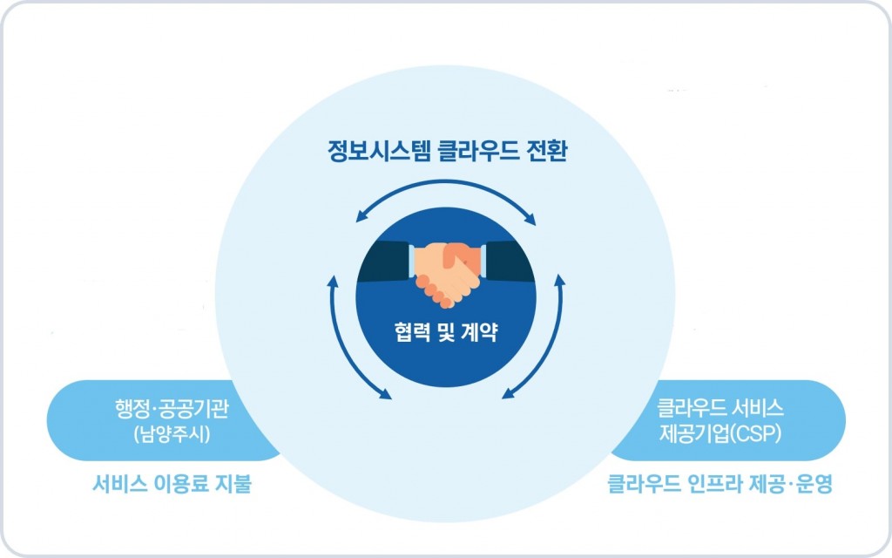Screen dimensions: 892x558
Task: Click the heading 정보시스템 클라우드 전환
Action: coord(447,151)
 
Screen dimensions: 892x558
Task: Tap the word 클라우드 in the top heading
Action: coord(478,151)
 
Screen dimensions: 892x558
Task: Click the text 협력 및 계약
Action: coord(446,331)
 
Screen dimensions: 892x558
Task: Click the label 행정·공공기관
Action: coord(172,408)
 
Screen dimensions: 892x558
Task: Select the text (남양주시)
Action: coord(172,434)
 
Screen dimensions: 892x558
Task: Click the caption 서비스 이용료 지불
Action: coord(172,484)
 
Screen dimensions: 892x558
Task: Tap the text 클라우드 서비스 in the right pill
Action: coord(720,408)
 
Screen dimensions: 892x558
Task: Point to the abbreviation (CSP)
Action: coord(755,434)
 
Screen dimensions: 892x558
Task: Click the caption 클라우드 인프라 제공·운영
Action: coord(720,484)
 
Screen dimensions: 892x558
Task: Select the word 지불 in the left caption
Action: coord(233,484)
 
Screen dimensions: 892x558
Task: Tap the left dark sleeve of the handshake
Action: coord(384,262)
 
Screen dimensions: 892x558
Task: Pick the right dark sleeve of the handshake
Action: coord(508,262)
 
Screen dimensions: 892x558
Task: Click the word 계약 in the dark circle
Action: coord(480,331)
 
